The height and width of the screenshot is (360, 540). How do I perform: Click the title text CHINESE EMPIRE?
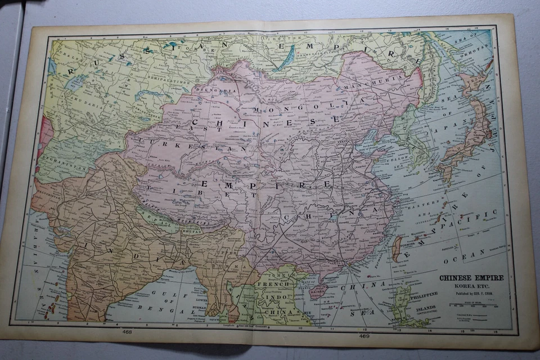pos(471,277)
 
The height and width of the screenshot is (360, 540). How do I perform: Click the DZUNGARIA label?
pos(209,89)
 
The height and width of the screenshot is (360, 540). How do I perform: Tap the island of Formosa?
pos(397,248)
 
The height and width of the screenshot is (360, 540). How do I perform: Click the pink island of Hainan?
pos(319,290)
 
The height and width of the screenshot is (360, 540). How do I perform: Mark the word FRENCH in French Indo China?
pos(273,284)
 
